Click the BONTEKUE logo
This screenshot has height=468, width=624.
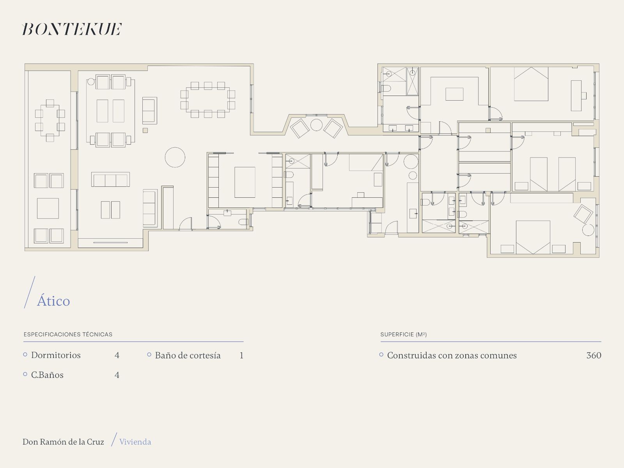(72, 29)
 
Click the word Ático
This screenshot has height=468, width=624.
(53, 301)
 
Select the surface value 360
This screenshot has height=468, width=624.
(594, 355)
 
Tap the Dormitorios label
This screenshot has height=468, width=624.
(56, 355)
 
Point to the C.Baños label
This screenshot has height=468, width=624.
(47, 375)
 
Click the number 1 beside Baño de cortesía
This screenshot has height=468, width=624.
(241, 355)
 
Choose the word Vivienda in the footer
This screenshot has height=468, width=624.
(135, 442)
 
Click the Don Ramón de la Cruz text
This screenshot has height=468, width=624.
(63, 442)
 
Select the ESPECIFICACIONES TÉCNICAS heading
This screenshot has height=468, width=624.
(68, 335)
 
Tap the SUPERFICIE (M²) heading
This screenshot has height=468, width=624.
(403, 335)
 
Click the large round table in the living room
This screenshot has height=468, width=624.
(175, 157)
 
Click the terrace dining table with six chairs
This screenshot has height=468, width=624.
(50, 121)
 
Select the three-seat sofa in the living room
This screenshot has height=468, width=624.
(111, 179)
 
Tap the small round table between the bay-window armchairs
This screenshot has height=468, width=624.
(316, 125)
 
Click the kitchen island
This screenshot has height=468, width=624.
(245, 182)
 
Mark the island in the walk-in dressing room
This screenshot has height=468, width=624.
(454, 94)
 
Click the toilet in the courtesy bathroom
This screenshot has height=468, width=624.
(243, 222)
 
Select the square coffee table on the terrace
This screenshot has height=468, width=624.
(48, 208)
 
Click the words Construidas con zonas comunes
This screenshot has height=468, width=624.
(452, 355)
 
